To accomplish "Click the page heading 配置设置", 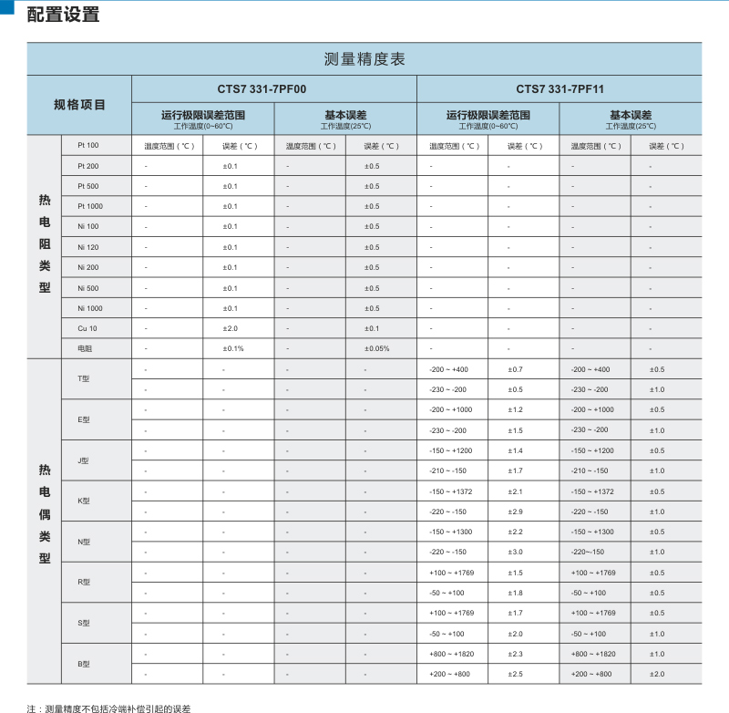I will pyautogui.click(x=63, y=15).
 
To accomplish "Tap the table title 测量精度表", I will pyautogui.click(x=364, y=59).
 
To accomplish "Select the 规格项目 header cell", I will pyautogui.click(x=79, y=105).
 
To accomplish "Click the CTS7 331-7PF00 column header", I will pyautogui.click(x=274, y=89).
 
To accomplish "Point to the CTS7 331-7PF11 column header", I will pyautogui.click(x=560, y=89).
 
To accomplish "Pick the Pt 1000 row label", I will pyautogui.click(x=90, y=206).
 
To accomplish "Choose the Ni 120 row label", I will pyautogui.click(x=88, y=247).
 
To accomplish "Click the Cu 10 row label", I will pyautogui.click(x=87, y=328).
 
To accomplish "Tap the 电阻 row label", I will pyautogui.click(x=85, y=348).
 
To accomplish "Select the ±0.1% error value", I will pyautogui.click(x=233, y=348).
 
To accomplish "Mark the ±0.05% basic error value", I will pyautogui.click(x=376, y=348).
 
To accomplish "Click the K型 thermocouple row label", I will pyautogui.click(x=85, y=501).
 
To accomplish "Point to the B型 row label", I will pyautogui.click(x=85, y=664).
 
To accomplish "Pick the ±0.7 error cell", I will pyautogui.click(x=515, y=369).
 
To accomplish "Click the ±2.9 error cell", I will pyautogui.click(x=515, y=511).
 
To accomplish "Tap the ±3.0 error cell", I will pyautogui.click(x=515, y=552).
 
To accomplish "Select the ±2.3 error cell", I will pyautogui.click(x=515, y=654).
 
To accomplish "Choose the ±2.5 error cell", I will pyautogui.click(x=515, y=674).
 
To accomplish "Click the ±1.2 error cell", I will pyautogui.click(x=515, y=409).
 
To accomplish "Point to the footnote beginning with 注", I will pyautogui.click(x=108, y=707).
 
